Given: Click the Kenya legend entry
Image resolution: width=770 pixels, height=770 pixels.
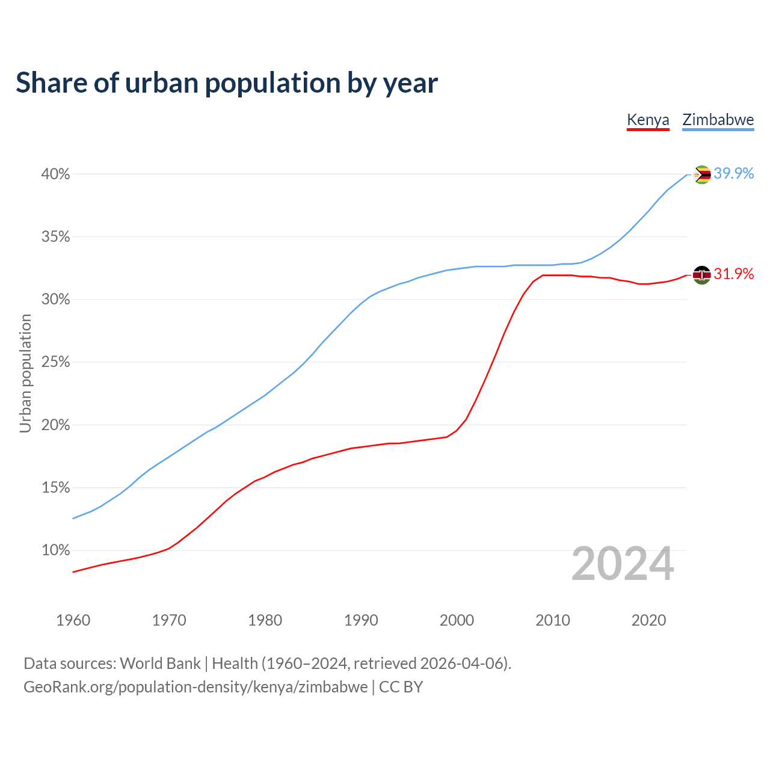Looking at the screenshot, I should coord(648,120).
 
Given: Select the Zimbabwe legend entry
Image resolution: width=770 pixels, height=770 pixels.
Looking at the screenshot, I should coord(718,120).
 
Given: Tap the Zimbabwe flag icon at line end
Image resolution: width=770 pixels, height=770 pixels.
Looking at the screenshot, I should coord(701,174).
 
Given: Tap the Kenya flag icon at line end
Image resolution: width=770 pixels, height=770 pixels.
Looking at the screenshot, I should coord(701,275).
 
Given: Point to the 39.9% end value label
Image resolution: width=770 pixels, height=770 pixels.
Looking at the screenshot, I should coord(734,173).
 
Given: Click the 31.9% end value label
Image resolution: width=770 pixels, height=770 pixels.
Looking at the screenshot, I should coord(734,274).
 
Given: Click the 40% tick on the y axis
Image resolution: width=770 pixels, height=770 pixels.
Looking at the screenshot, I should coord(55,174).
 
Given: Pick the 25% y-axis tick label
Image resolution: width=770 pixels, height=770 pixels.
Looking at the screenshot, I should coord(55,362).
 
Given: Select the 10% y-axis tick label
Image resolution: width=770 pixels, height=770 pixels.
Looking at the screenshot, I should coord(55,550).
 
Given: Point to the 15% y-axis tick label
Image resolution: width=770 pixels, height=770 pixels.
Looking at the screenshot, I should coord(55,488).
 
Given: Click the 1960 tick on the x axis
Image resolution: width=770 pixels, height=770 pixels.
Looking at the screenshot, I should coord(73,620).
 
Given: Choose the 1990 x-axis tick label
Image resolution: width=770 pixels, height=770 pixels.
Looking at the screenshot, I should coord(361,620).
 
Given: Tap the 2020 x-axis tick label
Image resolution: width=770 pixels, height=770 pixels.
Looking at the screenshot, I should coord(648,620).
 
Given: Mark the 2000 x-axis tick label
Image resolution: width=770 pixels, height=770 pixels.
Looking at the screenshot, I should coord(457,620).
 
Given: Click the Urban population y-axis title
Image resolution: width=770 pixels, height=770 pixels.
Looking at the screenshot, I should coord(25,373).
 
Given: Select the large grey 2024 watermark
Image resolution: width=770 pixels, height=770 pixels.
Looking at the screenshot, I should coord(623,564).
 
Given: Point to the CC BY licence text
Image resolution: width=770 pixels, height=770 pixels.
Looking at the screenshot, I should coord(401,687).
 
